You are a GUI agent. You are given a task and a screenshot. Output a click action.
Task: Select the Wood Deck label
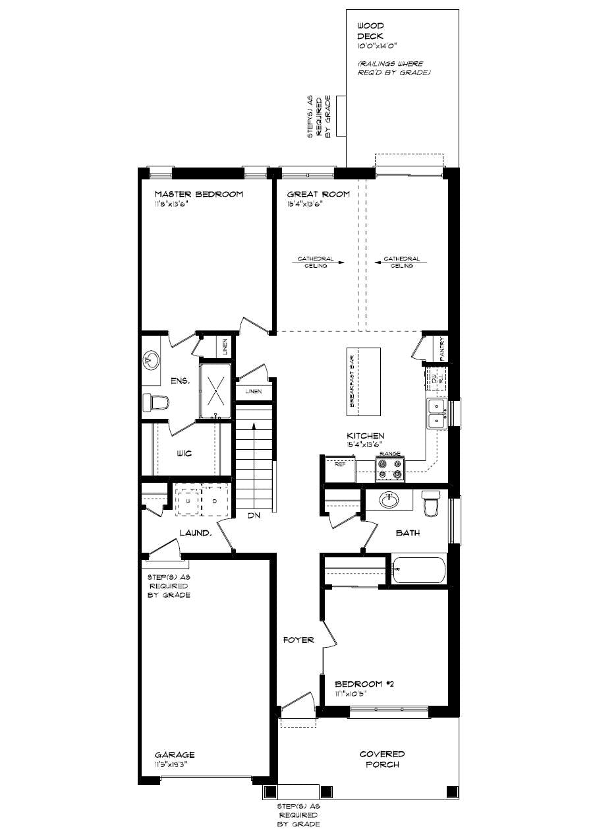[x=370, y=31]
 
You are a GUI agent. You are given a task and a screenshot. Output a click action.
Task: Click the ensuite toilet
[x=156, y=402]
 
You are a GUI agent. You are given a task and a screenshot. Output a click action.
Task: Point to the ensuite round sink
[x=151, y=360]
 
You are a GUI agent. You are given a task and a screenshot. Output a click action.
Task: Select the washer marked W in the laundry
[x=188, y=501]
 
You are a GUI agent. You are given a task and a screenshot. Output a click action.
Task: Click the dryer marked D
[x=214, y=501]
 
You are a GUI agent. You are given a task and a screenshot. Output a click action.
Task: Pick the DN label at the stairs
[x=254, y=516]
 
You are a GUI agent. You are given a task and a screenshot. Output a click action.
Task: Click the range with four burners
[x=389, y=469]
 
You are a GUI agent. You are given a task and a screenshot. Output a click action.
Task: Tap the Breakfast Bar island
[x=364, y=381]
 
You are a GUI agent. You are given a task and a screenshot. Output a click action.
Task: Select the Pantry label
[x=442, y=349]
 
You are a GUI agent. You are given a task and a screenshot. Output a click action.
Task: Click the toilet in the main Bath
[x=432, y=504]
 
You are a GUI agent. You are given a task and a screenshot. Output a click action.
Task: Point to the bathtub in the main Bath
[x=418, y=571]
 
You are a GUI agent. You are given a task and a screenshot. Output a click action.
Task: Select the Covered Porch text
[x=382, y=759]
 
